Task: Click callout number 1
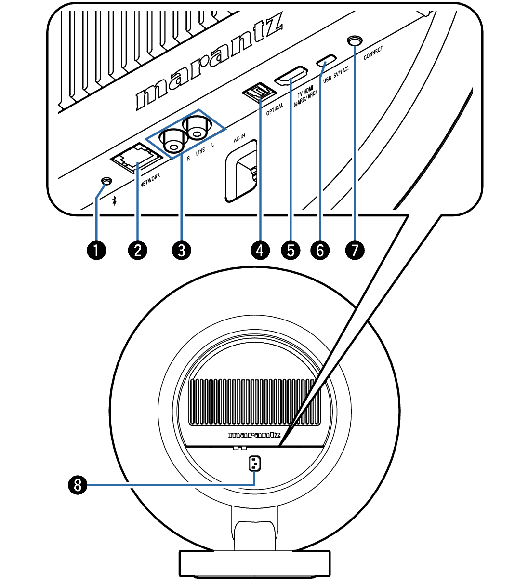pos(97,251)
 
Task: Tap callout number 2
pos(138,251)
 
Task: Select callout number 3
pos(182,251)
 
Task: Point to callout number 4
pos(260,251)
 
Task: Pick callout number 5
pos(291,251)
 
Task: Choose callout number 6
pos(320,251)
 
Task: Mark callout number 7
pos(355,251)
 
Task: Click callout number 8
pos(78,484)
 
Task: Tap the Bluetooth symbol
pos(114,200)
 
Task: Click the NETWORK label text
pos(150,181)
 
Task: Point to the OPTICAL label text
pos(275,109)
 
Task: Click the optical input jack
pos(259,91)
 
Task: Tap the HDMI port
pos(291,76)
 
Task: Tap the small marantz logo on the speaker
pos(254,435)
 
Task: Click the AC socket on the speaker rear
pos(254,464)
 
